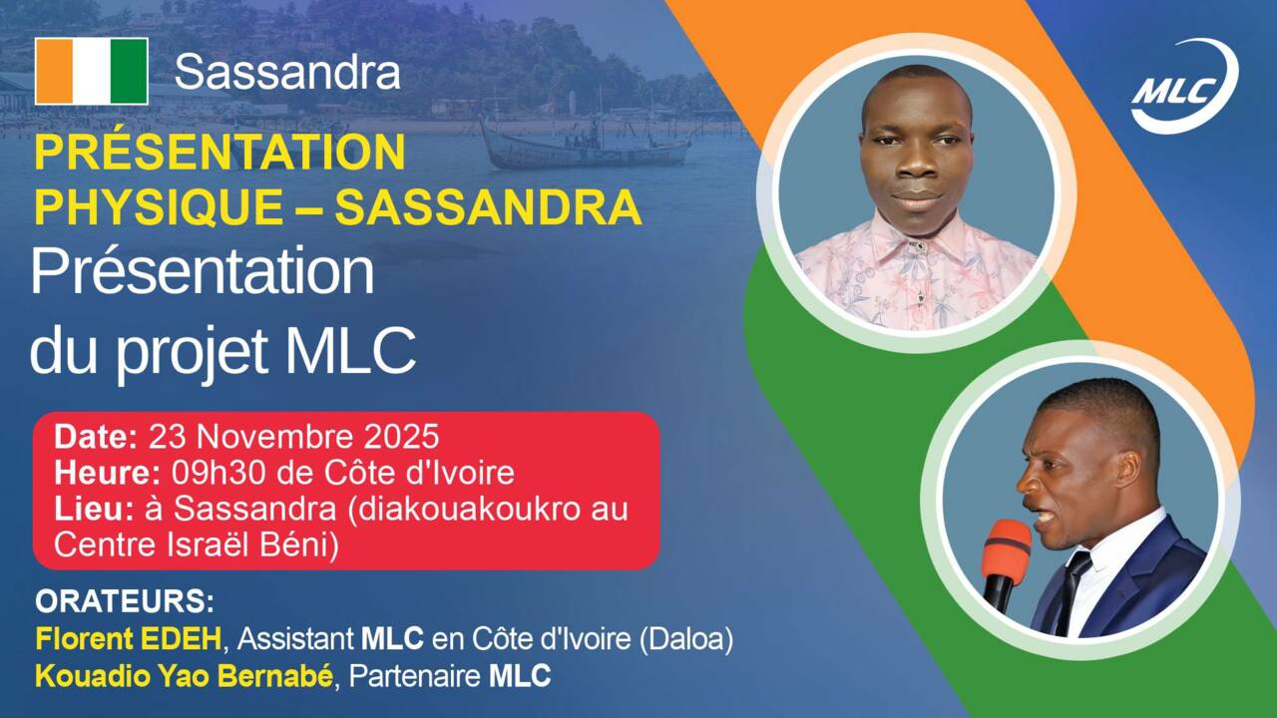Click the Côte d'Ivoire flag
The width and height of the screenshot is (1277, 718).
click(x=92, y=72)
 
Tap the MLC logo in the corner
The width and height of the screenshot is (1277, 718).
click(x=1184, y=86)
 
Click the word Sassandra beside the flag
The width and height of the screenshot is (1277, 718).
click(x=287, y=72)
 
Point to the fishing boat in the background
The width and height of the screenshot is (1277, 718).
click(x=585, y=146)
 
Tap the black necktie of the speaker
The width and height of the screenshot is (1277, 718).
click(x=1074, y=588)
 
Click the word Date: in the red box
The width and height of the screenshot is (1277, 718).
click(x=96, y=437)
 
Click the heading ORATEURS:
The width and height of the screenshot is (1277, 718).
click(x=125, y=602)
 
